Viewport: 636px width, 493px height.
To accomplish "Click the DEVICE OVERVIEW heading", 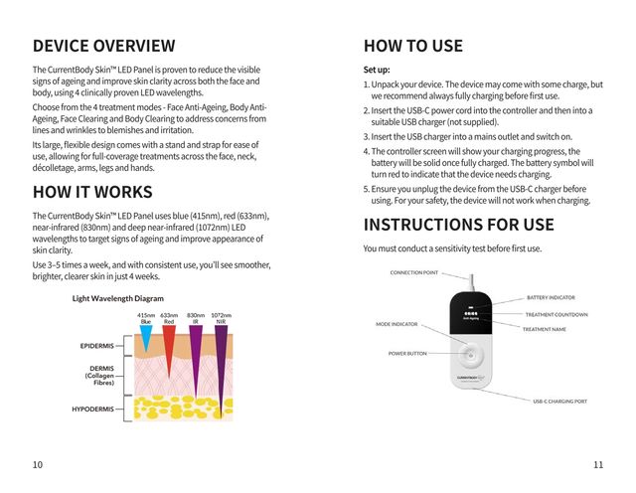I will click(x=103, y=46).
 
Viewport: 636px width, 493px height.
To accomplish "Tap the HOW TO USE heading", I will click(x=412, y=46).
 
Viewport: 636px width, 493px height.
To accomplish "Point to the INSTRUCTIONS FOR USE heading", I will click(x=458, y=224).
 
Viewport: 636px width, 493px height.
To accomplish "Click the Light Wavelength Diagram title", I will click(x=117, y=297).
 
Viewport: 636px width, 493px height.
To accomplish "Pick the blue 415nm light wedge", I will click(x=147, y=338).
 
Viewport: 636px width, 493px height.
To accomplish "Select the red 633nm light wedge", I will click(x=169, y=343).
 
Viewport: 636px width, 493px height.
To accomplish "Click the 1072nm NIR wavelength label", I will click(x=221, y=318).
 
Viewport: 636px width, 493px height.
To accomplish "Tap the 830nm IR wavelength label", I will click(x=196, y=318).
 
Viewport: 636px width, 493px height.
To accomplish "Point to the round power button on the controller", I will click(x=470, y=353).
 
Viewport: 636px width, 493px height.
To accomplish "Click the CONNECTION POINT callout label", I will click(x=413, y=272).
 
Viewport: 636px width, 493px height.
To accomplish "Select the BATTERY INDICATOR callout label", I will click(x=551, y=297).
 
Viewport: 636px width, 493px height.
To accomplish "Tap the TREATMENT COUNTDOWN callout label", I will click(x=556, y=314).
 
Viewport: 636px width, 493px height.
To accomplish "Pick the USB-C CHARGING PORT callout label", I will click(x=559, y=401).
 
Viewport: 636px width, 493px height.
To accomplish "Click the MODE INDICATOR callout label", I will click(x=397, y=324).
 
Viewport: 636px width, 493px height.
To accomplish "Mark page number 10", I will click(x=37, y=464).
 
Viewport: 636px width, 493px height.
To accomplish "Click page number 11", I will click(x=597, y=464).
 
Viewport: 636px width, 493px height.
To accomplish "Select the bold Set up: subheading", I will click(x=377, y=71).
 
